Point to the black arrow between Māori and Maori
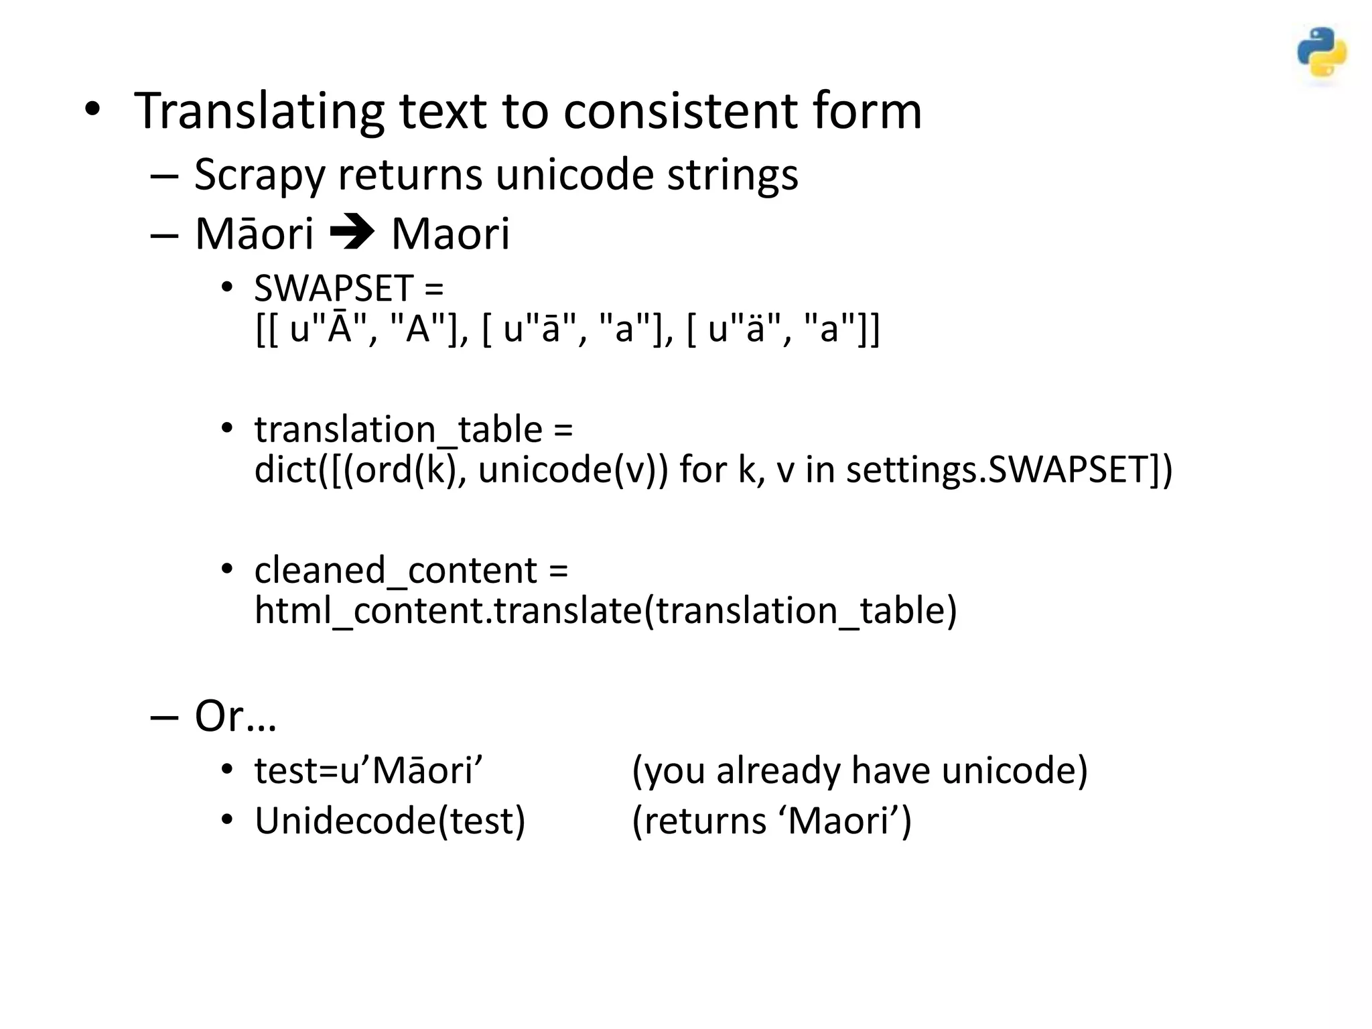tap(352, 234)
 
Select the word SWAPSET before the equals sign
tap(333, 289)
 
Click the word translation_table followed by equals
tap(398, 429)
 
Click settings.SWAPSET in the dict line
tap(1009, 470)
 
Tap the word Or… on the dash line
tap(235, 716)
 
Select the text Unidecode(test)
tap(390, 821)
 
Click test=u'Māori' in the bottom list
tap(369, 770)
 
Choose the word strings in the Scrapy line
tap(732, 175)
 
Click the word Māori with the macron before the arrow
tap(254, 234)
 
